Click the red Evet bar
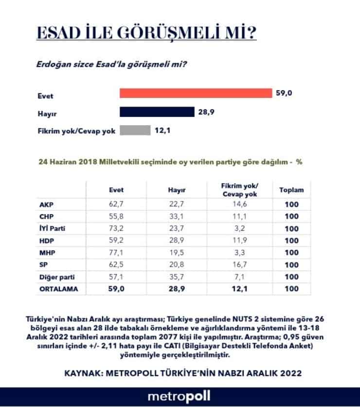[x=196, y=93]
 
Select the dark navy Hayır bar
[x=157, y=112]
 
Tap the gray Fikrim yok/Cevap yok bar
[x=135, y=130]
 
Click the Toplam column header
[x=291, y=190]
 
